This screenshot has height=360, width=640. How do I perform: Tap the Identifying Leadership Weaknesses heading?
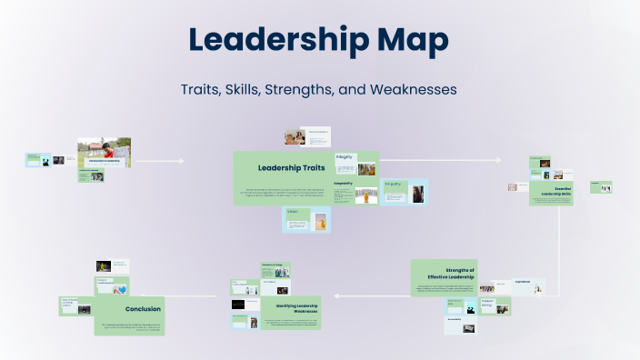click(296, 310)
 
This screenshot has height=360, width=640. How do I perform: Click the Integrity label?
click(345, 156)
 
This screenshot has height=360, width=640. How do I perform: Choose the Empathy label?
click(394, 185)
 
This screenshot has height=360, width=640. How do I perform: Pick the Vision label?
click(293, 212)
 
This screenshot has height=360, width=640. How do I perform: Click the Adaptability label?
click(344, 182)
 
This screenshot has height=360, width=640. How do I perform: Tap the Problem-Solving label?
click(487, 304)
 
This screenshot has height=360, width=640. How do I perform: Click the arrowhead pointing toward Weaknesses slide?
click(338, 295)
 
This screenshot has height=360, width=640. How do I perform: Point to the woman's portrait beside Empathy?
click(417, 195)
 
